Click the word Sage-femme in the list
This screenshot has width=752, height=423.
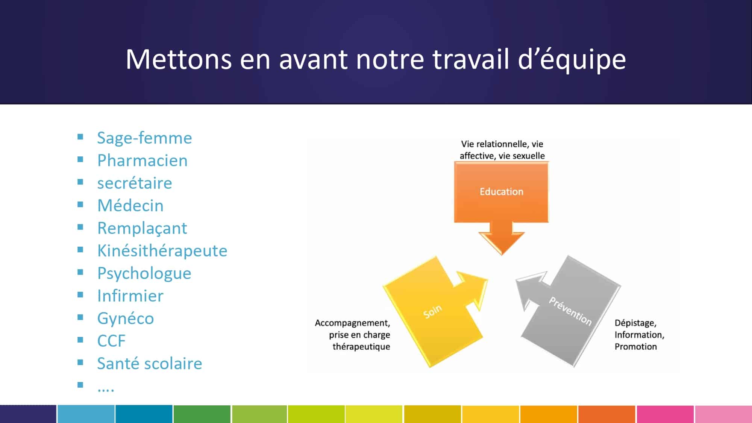coord(144,138)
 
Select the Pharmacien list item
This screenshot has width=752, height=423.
coord(142,161)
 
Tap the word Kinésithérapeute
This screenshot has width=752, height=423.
coord(162,251)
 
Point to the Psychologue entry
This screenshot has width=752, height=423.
coord(144,273)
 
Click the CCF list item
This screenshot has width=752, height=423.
coord(111,341)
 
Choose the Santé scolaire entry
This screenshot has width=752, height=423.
coord(150,364)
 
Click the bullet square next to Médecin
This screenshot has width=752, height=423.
coord(80,205)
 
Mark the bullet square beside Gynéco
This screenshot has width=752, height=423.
coord(80,317)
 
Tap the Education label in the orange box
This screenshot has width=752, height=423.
coord(501,192)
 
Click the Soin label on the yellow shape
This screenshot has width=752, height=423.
coord(432,311)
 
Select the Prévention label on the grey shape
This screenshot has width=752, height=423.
coord(570,311)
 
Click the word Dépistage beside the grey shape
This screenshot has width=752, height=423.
coord(635,323)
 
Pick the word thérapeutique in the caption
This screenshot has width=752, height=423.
coord(361,346)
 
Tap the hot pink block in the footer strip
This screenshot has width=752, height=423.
coord(665,414)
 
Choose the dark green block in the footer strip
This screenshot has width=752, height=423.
coord(202,414)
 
